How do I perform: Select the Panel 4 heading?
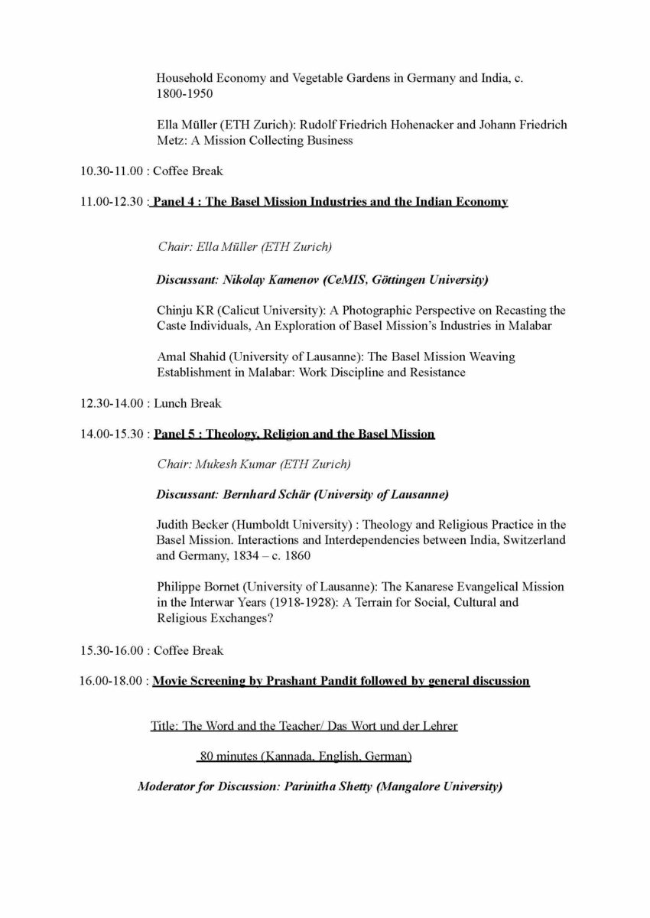(x=330, y=202)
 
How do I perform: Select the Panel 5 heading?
(x=294, y=435)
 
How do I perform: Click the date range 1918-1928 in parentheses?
(x=313, y=602)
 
